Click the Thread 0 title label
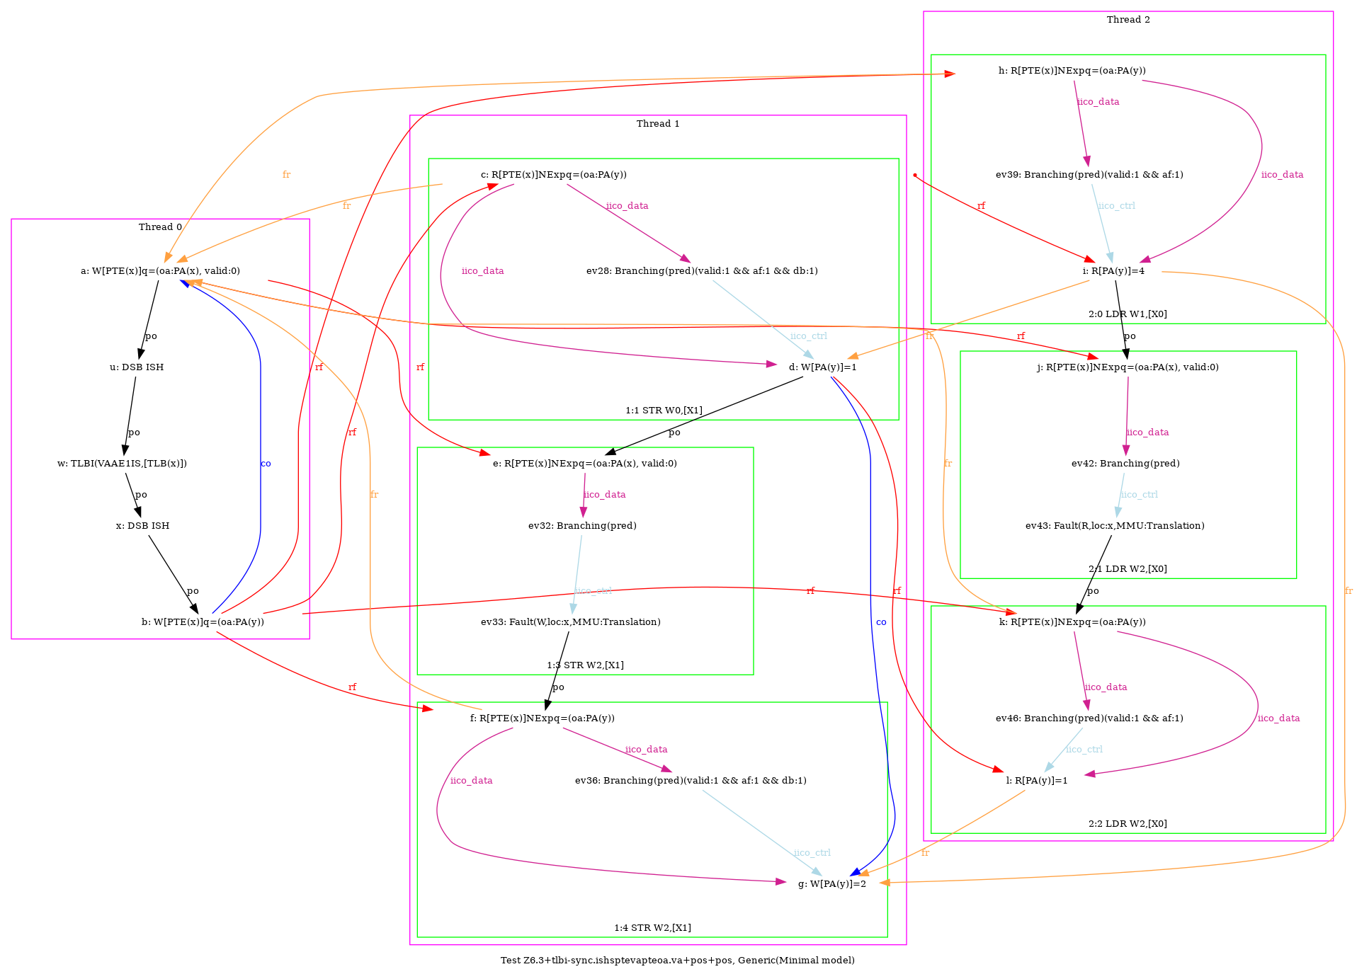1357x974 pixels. pyautogui.click(x=160, y=227)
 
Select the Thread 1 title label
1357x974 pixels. pyautogui.click(x=658, y=124)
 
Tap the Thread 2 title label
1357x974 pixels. pyautogui.click(x=1128, y=20)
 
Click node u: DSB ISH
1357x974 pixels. pyautogui.click(x=137, y=367)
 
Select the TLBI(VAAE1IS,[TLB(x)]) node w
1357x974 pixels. pyautogui.click(x=122, y=464)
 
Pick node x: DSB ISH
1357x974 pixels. pyautogui.click(x=142, y=526)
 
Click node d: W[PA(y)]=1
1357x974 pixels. pyautogui.click(x=823, y=367)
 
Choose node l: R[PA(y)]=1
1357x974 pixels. pyautogui.click(x=1037, y=781)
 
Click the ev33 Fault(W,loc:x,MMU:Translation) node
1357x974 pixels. pyautogui.click(x=571, y=622)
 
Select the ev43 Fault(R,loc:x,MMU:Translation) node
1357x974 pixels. pyautogui.click(x=1115, y=526)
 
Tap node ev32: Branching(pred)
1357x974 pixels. pyautogui.click(x=582, y=526)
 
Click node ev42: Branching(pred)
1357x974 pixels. pyautogui.click(x=1125, y=464)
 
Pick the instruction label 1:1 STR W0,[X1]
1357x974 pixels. pyautogui.click(x=664, y=411)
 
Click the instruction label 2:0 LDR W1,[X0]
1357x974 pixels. pyautogui.click(x=1128, y=314)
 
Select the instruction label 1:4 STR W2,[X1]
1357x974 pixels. pyautogui.click(x=652, y=928)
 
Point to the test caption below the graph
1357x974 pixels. pyautogui.click(x=678, y=961)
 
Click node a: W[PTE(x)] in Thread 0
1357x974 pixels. pyautogui.click(x=160, y=271)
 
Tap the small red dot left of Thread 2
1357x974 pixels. pyautogui.click(x=915, y=175)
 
